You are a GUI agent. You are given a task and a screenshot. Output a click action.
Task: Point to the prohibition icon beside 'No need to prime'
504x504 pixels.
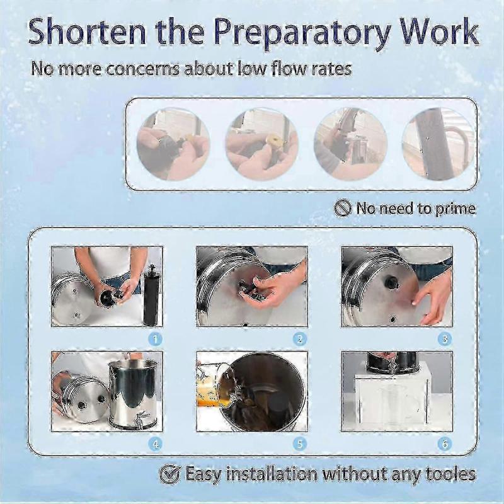click(x=343, y=208)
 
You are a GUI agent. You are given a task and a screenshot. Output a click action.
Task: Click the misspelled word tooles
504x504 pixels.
click(x=446, y=473)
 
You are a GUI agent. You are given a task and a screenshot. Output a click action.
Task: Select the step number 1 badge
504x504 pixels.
click(x=155, y=339)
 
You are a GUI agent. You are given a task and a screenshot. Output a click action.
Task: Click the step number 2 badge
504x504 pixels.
click(x=300, y=339)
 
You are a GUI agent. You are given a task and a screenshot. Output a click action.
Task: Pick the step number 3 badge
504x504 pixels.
click(x=445, y=339)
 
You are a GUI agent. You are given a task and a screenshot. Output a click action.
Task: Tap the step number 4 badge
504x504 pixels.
click(x=155, y=444)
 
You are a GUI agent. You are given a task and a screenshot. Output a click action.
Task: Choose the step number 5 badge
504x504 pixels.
click(x=300, y=444)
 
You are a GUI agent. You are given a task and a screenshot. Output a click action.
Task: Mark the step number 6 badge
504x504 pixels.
click(x=445, y=444)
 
